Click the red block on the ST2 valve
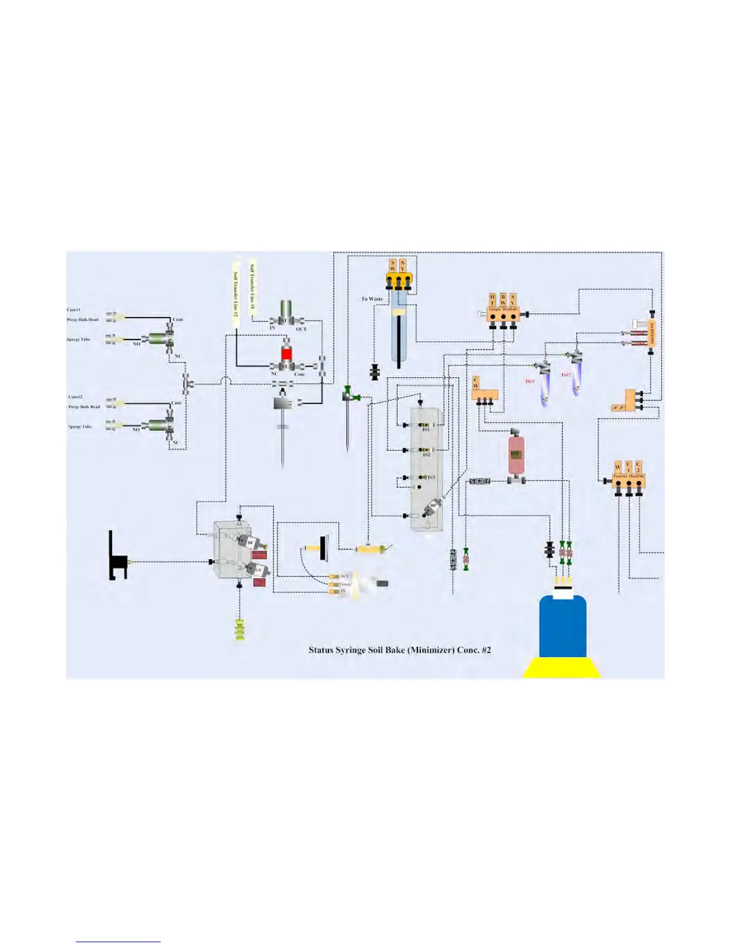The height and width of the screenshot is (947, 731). coord(287,353)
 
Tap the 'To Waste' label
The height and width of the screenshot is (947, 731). coord(372,299)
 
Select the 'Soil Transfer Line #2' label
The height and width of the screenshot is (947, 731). coord(236,293)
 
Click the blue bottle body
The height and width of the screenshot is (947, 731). coord(563,628)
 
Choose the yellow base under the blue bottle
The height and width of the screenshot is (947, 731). coord(562,668)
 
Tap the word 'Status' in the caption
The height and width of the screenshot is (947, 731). coord(320,650)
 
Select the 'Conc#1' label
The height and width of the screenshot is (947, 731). coord(73,310)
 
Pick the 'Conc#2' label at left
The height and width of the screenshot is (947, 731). coord(75,397)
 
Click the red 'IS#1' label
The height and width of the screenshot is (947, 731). coord(530,381)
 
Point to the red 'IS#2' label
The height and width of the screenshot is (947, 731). coord(566,375)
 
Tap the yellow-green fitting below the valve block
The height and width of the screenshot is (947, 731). coord(239,630)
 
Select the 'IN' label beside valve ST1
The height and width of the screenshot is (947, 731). coord(272,328)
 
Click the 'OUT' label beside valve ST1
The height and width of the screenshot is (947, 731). coord(301,329)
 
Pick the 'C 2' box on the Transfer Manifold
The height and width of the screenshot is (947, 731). coord(638,467)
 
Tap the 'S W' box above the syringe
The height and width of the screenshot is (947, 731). coord(392,265)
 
